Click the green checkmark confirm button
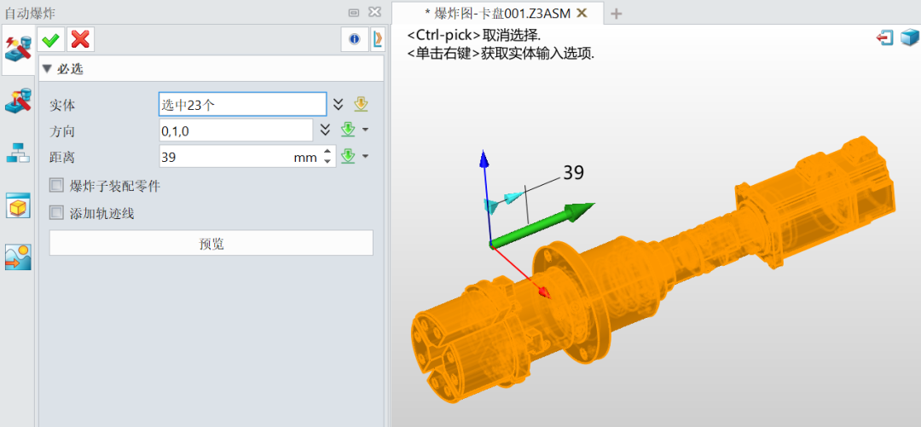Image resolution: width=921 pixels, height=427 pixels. click(x=51, y=40)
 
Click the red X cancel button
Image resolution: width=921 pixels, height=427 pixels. click(x=80, y=40)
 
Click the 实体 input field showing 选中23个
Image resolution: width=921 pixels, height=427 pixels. click(x=242, y=105)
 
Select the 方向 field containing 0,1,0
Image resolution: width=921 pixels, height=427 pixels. click(x=235, y=130)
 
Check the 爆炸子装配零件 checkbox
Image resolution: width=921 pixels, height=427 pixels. click(x=56, y=186)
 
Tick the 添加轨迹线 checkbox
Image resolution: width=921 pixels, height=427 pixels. click(x=56, y=212)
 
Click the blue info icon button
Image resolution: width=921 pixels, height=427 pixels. click(x=354, y=39)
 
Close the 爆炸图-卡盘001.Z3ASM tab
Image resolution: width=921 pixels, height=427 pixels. click(x=582, y=12)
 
